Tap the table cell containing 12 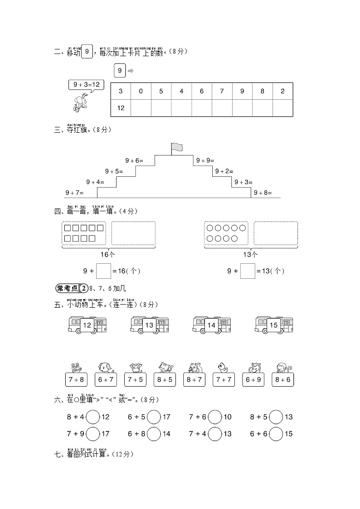point(121,108)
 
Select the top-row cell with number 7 point(222,91)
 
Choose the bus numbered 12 point(87,325)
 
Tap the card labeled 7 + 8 point(76,379)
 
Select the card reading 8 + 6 point(283,379)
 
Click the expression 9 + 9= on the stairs point(205,160)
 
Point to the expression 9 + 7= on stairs point(74,193)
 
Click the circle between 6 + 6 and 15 point(276,434)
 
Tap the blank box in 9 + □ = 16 point(103,271)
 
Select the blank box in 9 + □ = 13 point(247,271)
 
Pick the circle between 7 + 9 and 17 point(93,434)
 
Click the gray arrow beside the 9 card point(131,71)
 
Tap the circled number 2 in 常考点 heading point(83,288)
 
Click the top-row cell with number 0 point(141,91)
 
